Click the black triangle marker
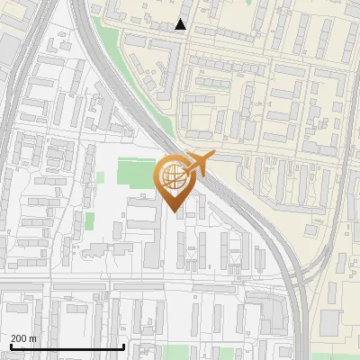tap(181, 25)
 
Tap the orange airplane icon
tap(199, 163)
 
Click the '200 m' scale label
tap(23, 338)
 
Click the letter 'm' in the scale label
tap(33, 338)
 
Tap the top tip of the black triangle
tap(181, 19)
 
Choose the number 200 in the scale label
tap(18, 338)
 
